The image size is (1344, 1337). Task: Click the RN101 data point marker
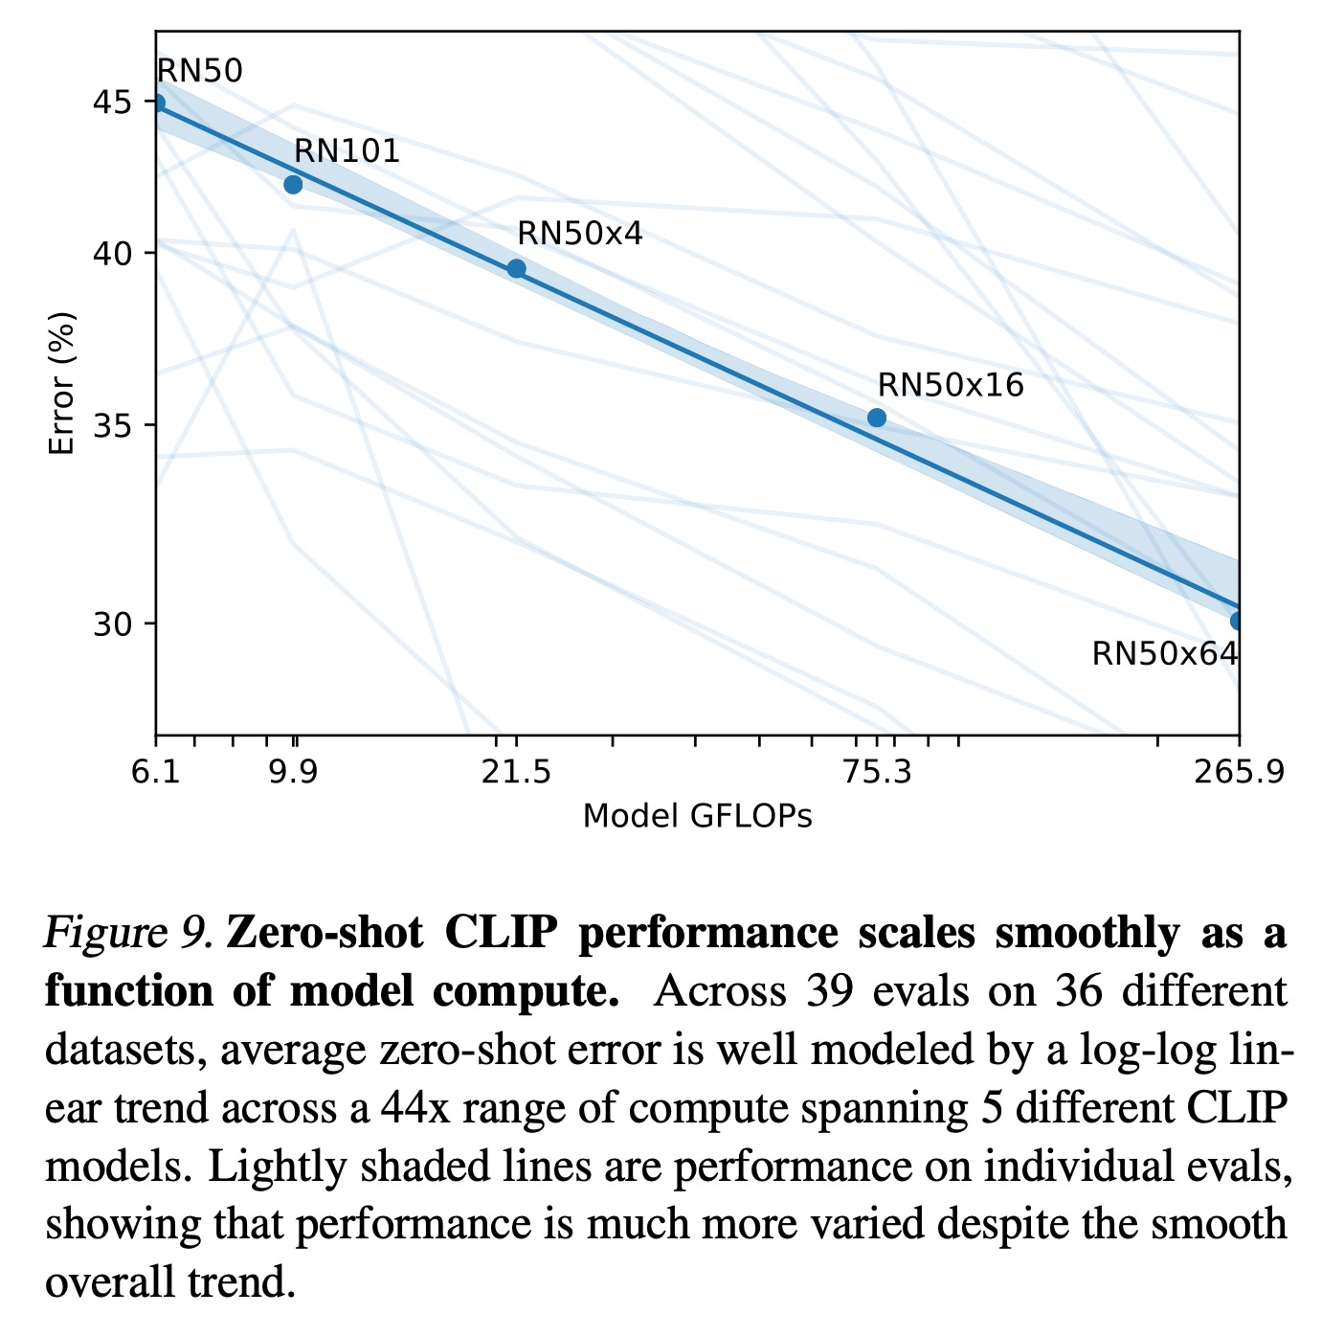[x=293, y=184]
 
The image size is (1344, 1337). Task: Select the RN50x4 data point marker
[x=516, y=268]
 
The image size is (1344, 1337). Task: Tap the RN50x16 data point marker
[x=877, y=418]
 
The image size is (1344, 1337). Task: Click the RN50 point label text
[x=199, y=71]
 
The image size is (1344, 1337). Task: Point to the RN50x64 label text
[x=1165, y=654]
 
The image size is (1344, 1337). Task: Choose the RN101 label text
[x=347, y=150]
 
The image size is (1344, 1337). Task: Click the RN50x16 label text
[x=951, y=384]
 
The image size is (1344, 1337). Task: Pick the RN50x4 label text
[x=579, y=234]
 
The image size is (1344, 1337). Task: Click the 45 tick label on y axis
[x=112, y=102]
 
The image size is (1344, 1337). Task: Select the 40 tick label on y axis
[x=112, y=253]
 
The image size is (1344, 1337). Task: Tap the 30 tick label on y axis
[x=112, y=624]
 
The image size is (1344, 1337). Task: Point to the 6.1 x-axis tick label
[x=155, y=773]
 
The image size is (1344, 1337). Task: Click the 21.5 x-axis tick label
[x=516, y=773]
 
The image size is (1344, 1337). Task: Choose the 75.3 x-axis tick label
[x=877, y=773]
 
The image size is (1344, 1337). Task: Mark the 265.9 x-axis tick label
[x=1239, y=773]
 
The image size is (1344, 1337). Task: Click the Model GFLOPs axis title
[x=698, y=816]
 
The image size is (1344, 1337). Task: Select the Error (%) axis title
[x=61, y=383]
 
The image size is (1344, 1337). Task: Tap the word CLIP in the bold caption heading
[x=501, y=932]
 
